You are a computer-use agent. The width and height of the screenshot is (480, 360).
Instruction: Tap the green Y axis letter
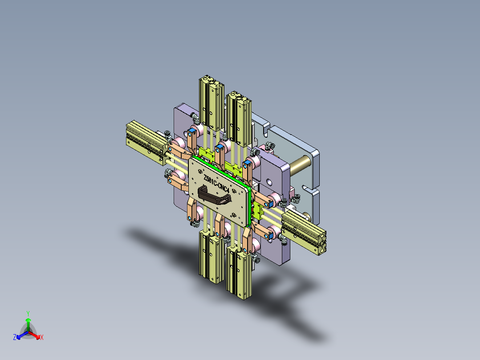tap(28, 313)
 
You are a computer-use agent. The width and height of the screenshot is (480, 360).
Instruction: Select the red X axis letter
tap(42, 338)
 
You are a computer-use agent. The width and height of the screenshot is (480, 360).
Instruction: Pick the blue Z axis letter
tap(15, 338)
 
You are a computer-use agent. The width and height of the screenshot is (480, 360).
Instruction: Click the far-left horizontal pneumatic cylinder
tap(145, 139)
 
